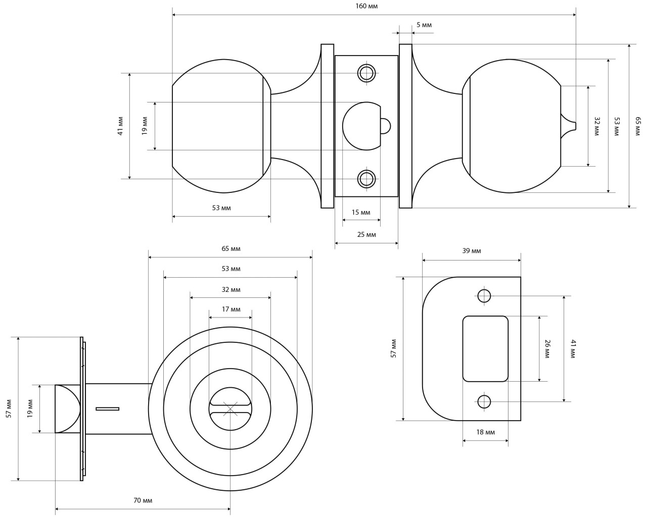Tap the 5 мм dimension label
[424, 25]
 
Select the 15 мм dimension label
[361, 212]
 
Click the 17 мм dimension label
[231, 309]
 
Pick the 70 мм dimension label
[143, 500]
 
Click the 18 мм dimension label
[486, 432]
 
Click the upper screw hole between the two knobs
[366, 73]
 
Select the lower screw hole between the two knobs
[366, 178]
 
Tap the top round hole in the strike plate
[484, 296]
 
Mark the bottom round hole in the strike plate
[484, 402]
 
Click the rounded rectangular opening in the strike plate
[485, 348]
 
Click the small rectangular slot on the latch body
[107, 408]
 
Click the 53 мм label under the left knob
[221, 208]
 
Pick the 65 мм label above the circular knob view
[231, 249]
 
